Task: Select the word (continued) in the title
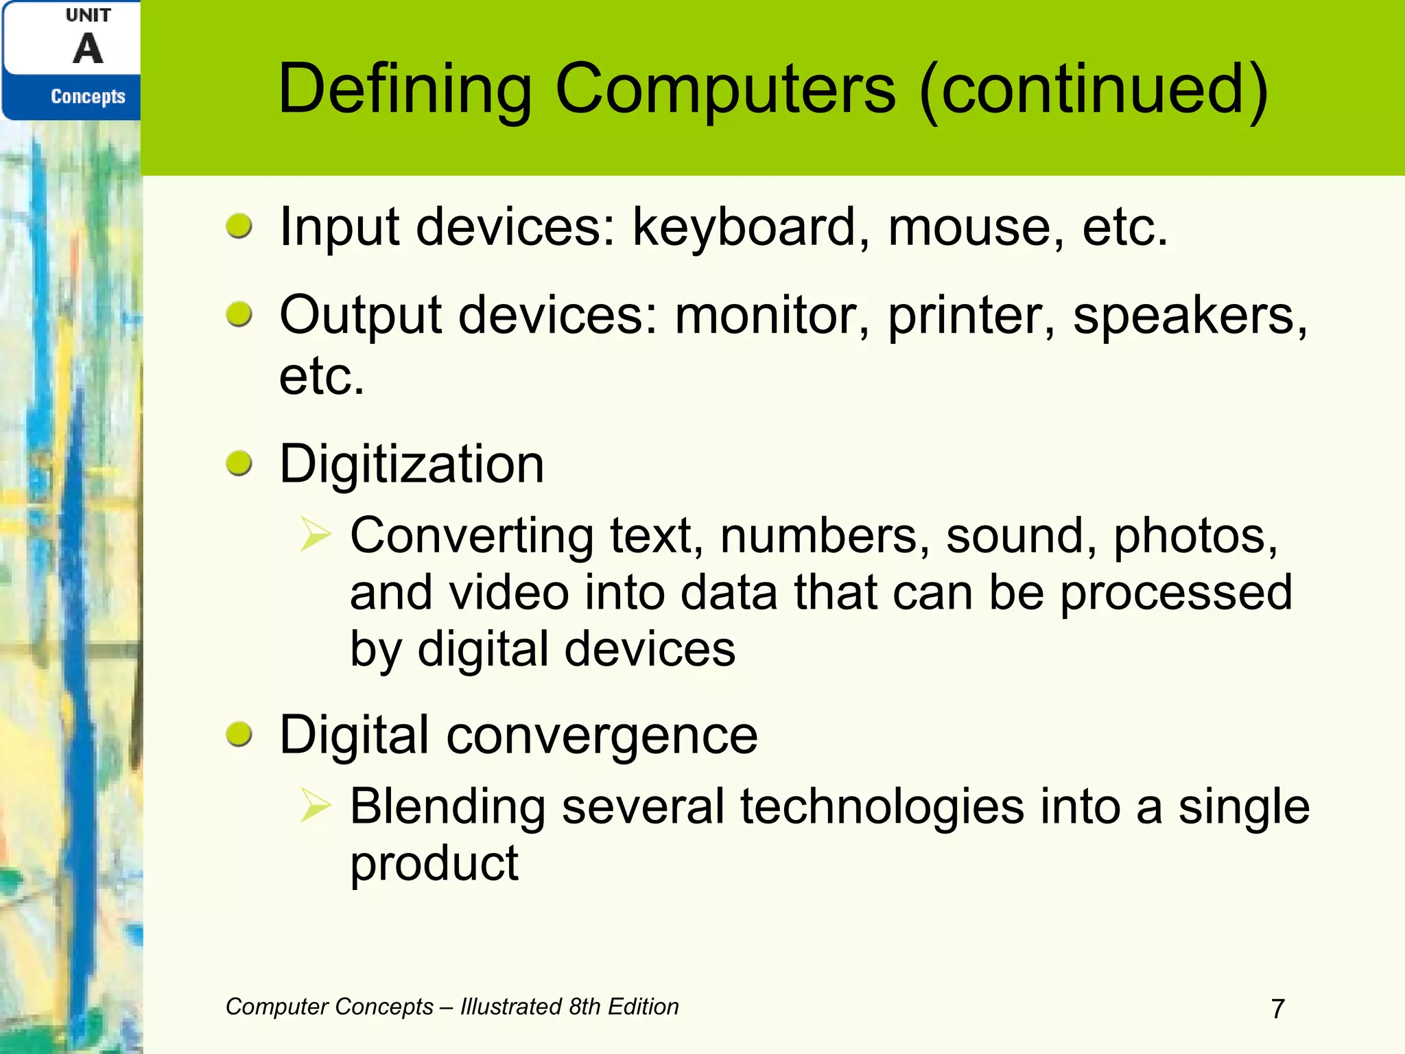(1094, 89)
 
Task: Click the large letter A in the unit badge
(88, 49)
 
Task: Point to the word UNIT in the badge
(88, 15)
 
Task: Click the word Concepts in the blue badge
(88, 96)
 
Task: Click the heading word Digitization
(412, 465)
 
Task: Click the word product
(434, 865)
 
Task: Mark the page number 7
(1277, 1009)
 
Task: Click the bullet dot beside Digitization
(239, 464)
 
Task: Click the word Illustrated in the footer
(511, 1007)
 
